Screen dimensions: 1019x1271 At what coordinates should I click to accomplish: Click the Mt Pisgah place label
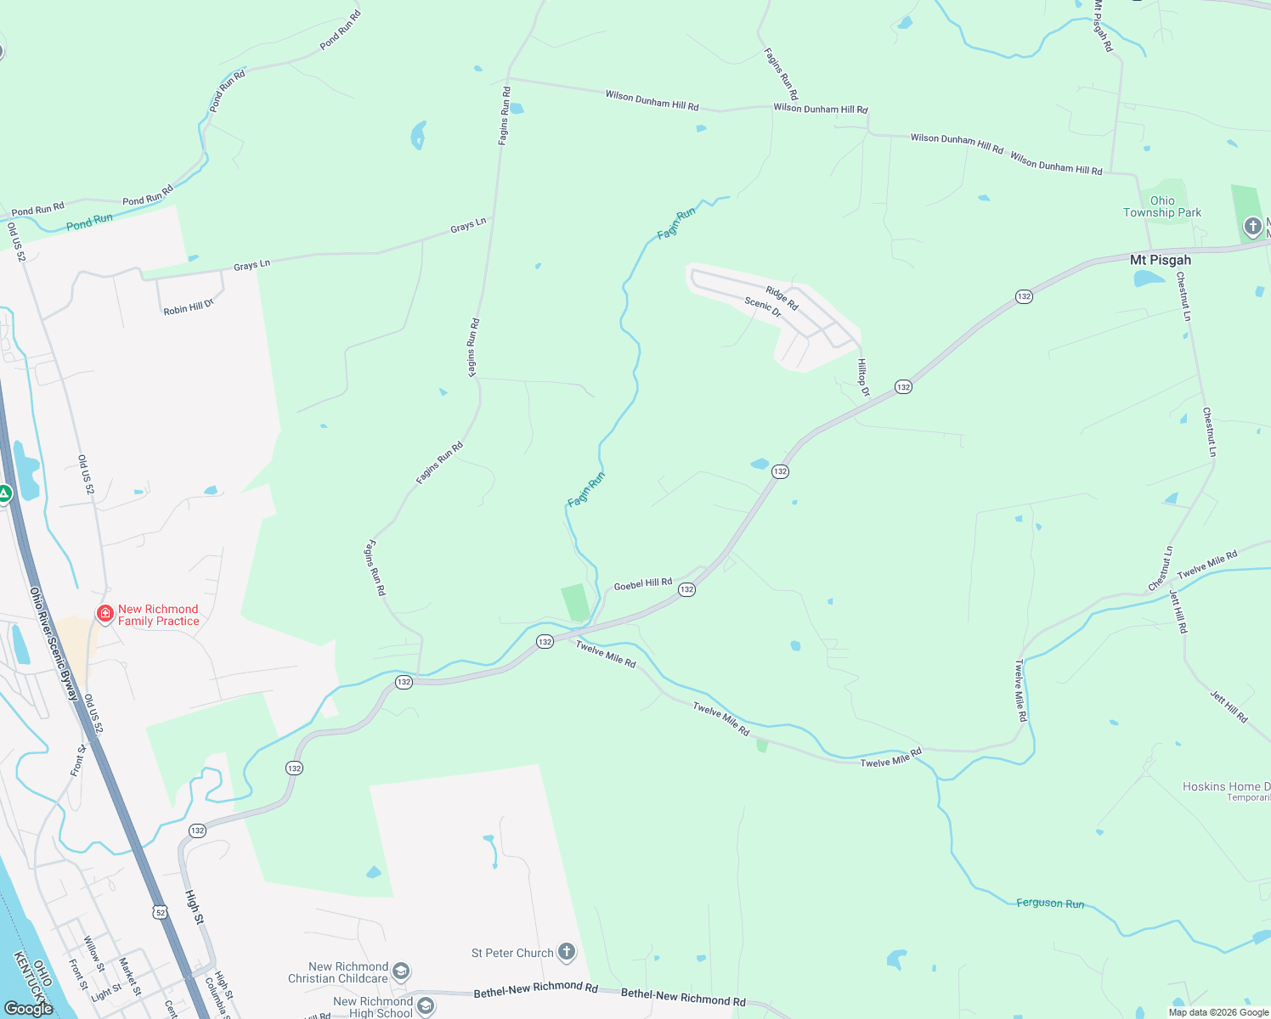(x=1160, y=260)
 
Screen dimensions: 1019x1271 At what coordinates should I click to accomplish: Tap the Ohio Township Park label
(x=1162, y=207)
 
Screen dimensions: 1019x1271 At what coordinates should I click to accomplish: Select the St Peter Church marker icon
(x=566, y=953)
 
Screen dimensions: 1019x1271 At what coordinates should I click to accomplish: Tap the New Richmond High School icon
(x=426, y=1007)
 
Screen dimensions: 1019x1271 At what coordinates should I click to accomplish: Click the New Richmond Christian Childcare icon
(x=401, y=971)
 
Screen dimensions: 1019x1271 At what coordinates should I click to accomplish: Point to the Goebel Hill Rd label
(x=642, y=584)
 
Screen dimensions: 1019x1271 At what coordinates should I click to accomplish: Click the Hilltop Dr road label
(x=863, y=377)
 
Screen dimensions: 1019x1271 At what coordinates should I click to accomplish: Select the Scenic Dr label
(x=763, y=307)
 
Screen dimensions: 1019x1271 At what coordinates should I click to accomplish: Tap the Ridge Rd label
(x=782, y=298)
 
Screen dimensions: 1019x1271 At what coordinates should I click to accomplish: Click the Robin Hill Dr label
(x=189, y=307)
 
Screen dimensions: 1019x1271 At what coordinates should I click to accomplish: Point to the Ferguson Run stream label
(x=1050, y=904)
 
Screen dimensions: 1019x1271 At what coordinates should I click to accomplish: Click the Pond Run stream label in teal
(x=89, y=222)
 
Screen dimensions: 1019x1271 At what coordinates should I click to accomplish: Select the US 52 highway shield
(x=160, y=912)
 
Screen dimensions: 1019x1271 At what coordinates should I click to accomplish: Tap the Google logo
(x=28, y=1008)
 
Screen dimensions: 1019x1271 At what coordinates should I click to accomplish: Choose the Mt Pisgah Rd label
(x=1103, y=26)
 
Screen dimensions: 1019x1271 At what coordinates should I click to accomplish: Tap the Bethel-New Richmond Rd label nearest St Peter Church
(x=535, y=989)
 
